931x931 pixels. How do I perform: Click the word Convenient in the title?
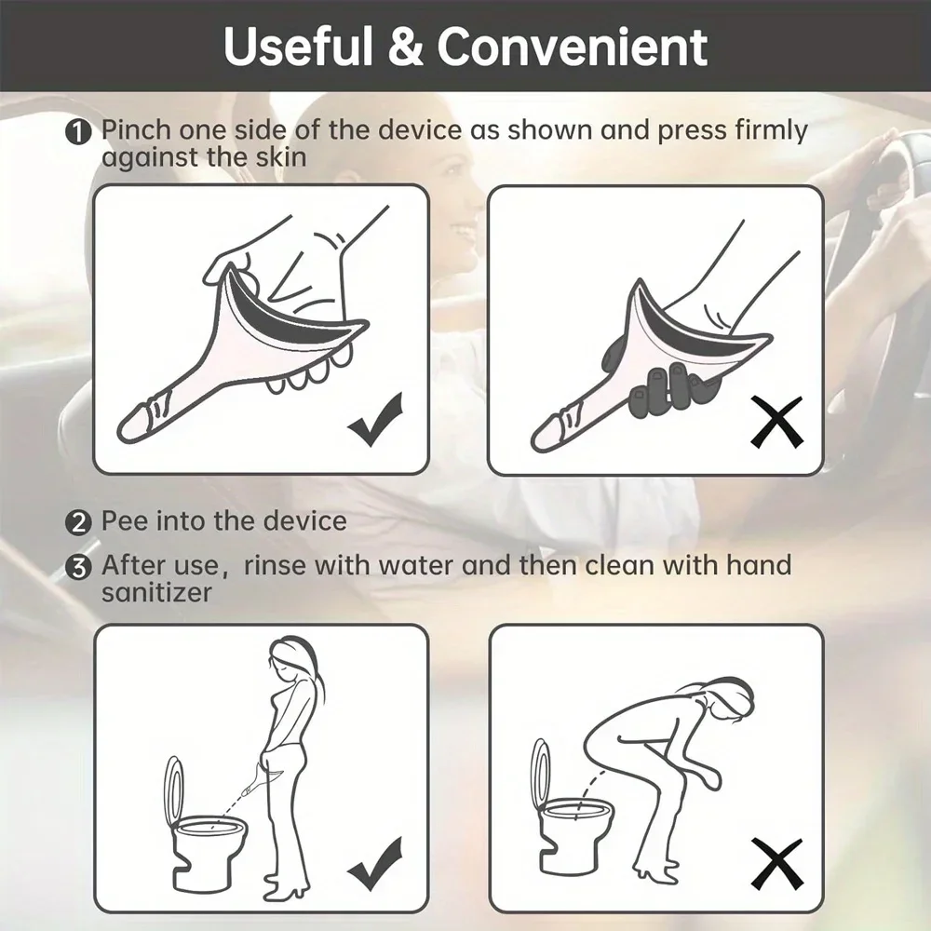click(x=573, y=47)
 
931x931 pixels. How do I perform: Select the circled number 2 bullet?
click(x=80, y=521)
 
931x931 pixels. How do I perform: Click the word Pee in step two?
click(x=124, y=520)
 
